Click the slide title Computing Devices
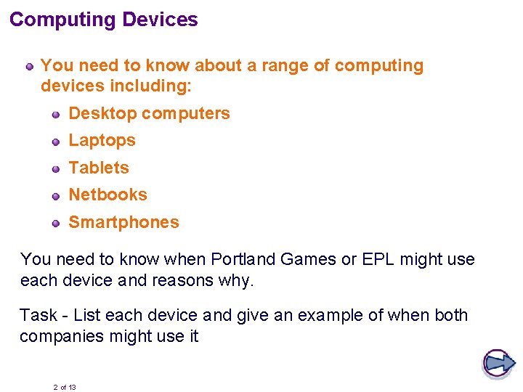coord(104,20)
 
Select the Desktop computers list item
coord(149,113)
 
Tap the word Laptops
coord(102,140)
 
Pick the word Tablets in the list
coord(99,168)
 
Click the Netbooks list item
coord(108,195)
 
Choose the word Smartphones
coord(123,222)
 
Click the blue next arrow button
coord(498,363)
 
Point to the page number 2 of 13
coord(65,388)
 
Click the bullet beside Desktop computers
coord(56,114)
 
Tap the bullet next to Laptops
coord(56,141)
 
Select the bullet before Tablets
coord(56,168)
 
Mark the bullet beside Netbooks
coord(56,195)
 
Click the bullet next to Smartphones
coord(56,223)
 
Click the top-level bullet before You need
coord(29,67)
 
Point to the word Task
coord(38,315)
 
